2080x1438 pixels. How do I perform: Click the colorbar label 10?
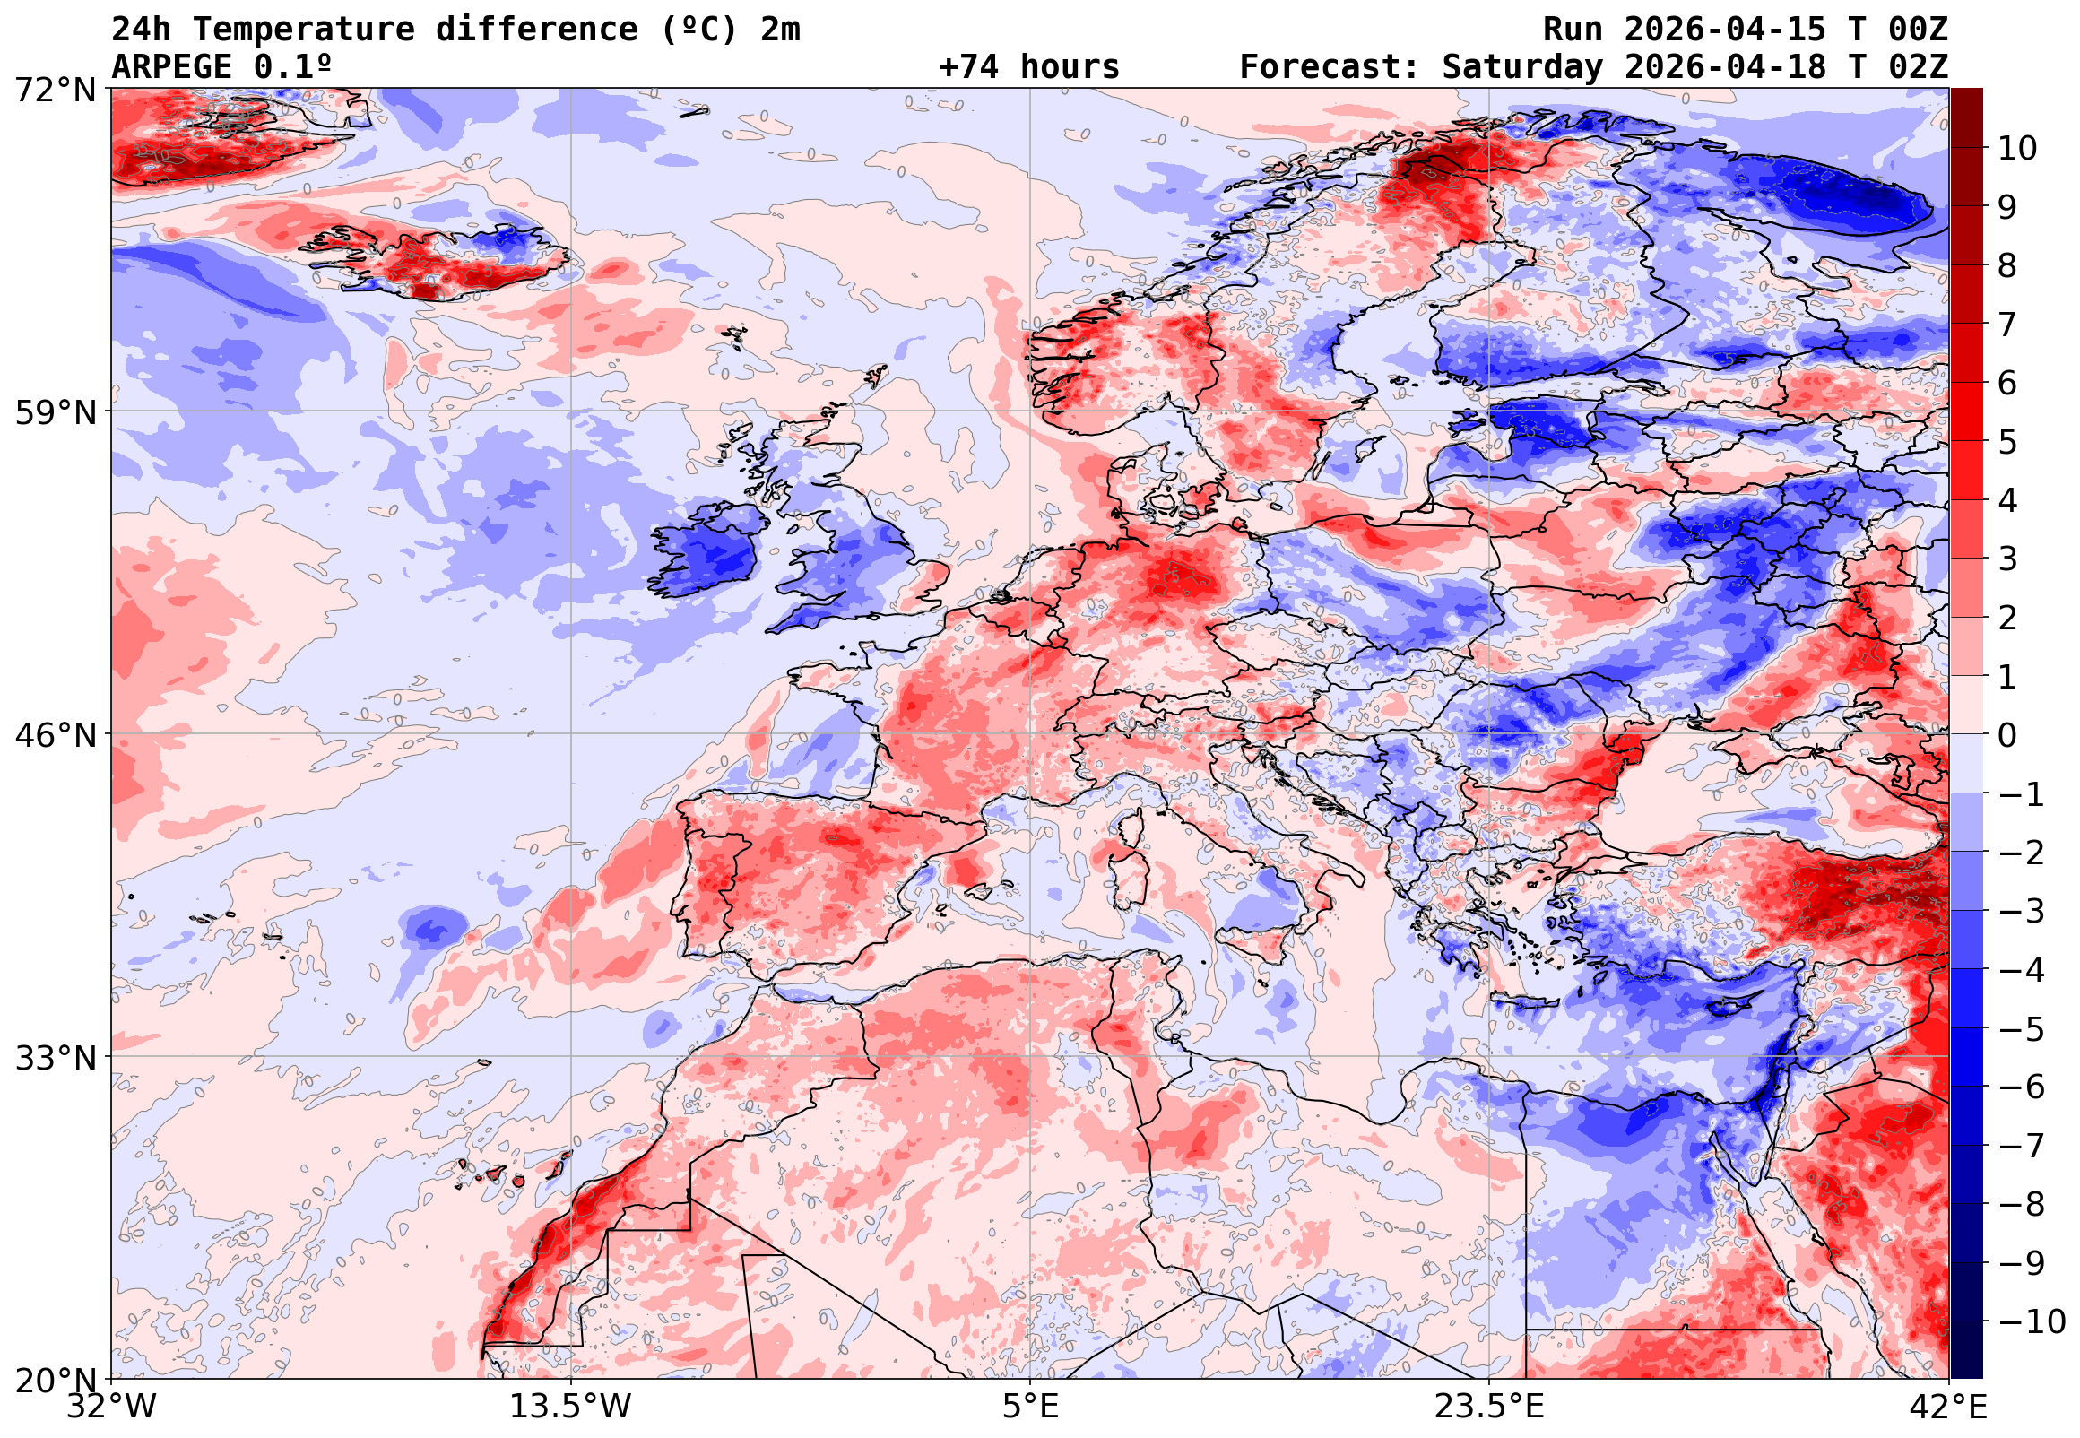pyautogui.click(x=2016, y=149)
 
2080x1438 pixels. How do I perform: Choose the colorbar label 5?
pyautogui.click(x=2007, y=442)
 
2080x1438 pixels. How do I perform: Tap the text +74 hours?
pyautogui.click(x=1028, y=67)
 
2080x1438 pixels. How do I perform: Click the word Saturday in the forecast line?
pyautogui.click(x=1522, y=67)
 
